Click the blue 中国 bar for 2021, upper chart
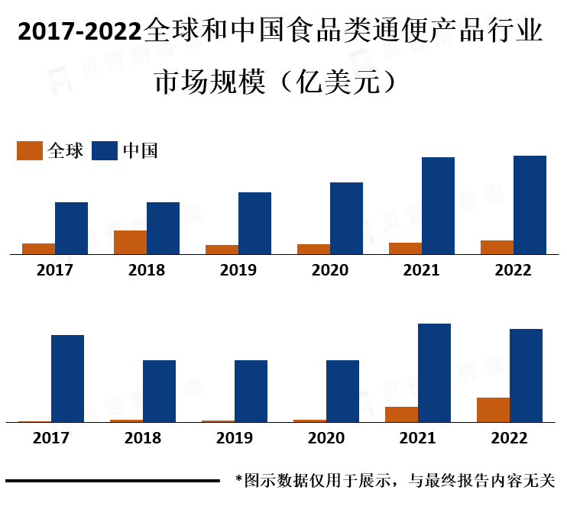438,205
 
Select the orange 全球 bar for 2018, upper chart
130,242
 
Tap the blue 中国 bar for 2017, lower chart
67,378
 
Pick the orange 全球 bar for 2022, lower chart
493,410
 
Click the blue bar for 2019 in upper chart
254,223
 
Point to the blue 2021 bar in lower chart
434,372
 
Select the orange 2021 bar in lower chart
401,414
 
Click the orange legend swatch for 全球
30,151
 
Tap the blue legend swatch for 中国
105,151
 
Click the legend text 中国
140,151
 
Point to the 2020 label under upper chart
330,270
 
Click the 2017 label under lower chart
51,438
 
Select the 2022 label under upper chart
513,270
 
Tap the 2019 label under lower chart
235,438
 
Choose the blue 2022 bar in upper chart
530,205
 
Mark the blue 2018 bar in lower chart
159,391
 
